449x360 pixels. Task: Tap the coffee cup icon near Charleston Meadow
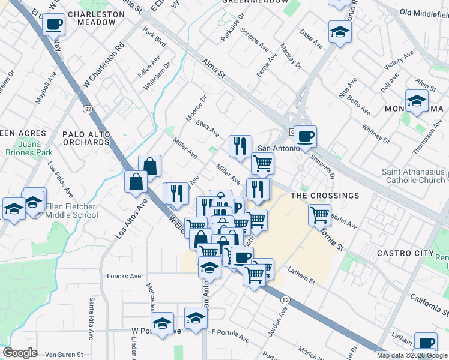[54, 25]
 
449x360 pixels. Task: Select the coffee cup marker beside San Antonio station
[305, 136]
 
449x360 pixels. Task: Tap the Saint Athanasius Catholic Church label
[414, 176]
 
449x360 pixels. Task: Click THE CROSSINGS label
[325, 196]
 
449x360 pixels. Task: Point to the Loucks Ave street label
[124, 277]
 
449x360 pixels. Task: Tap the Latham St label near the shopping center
[301, 275]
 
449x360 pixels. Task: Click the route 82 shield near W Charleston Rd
[88, 109]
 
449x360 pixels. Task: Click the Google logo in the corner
[20, 353]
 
